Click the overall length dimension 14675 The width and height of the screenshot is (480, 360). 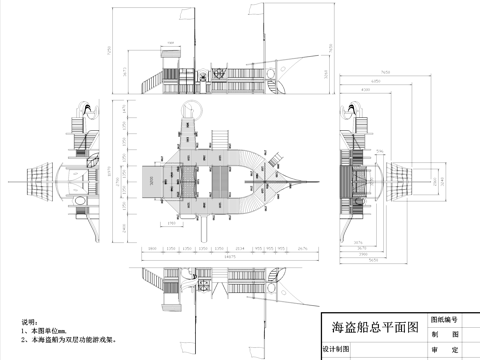tap(229, 258)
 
